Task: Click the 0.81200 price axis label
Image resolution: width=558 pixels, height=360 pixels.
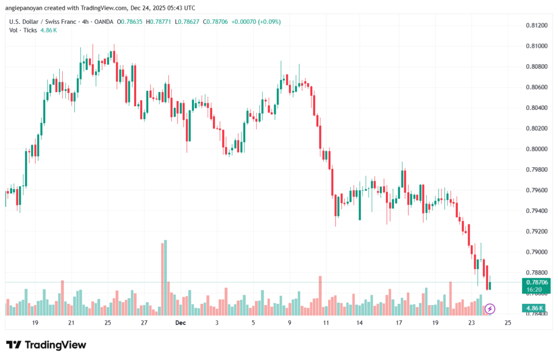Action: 537,25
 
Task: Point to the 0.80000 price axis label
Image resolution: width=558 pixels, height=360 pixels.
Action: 537,149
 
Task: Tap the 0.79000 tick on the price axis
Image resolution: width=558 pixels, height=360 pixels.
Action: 537,252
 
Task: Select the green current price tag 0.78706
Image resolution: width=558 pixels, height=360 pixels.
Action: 536,282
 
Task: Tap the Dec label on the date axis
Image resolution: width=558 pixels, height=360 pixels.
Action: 181,323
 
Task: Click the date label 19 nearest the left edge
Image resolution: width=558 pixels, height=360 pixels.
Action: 35,323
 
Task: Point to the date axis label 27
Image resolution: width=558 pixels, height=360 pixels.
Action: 144,323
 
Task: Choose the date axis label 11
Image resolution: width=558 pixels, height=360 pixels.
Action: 326,323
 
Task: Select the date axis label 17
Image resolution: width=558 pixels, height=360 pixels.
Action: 399,323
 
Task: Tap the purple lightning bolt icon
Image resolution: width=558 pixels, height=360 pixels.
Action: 489,309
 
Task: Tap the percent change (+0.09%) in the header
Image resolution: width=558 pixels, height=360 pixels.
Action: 269,22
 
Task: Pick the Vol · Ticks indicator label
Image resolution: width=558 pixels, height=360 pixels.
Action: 23,30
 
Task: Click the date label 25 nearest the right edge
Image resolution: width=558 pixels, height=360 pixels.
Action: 508,323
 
